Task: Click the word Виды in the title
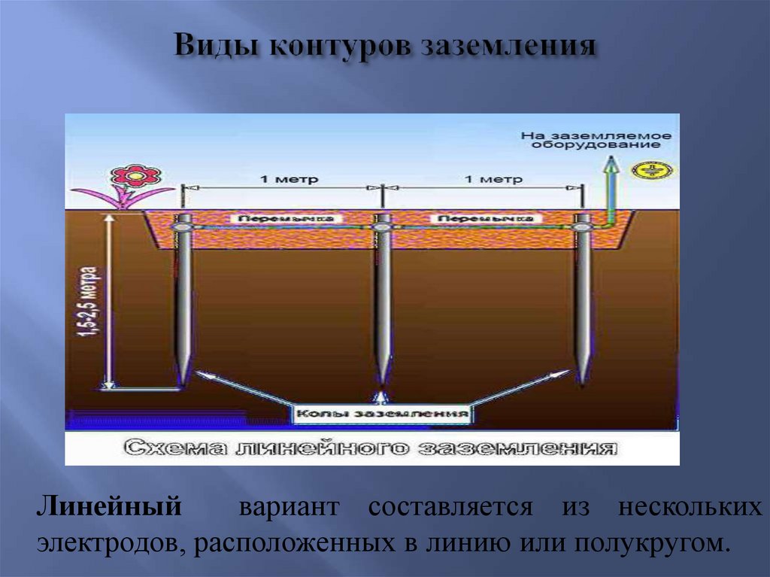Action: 214,47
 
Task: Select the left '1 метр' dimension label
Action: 279,180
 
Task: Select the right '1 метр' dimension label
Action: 481,180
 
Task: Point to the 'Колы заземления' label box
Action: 382,414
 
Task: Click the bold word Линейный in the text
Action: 109,506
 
